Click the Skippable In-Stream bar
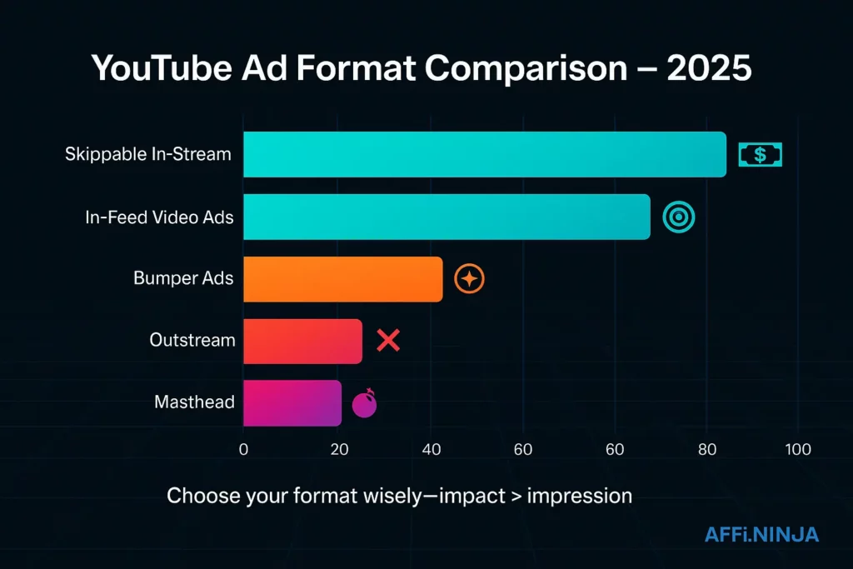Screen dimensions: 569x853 484,154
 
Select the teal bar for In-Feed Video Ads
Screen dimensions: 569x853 446,217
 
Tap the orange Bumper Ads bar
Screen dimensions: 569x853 342,279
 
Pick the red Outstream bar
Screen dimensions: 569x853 302,341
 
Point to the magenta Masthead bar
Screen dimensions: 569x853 292,403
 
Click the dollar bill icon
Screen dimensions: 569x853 760,154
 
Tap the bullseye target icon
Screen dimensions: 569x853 678,217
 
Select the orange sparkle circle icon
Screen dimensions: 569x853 469,279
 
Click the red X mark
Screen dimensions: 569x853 388,340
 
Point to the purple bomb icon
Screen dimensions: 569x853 365,404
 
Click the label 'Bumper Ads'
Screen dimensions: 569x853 183,279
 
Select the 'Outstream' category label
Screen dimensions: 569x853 192,341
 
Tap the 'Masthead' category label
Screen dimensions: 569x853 194,403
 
